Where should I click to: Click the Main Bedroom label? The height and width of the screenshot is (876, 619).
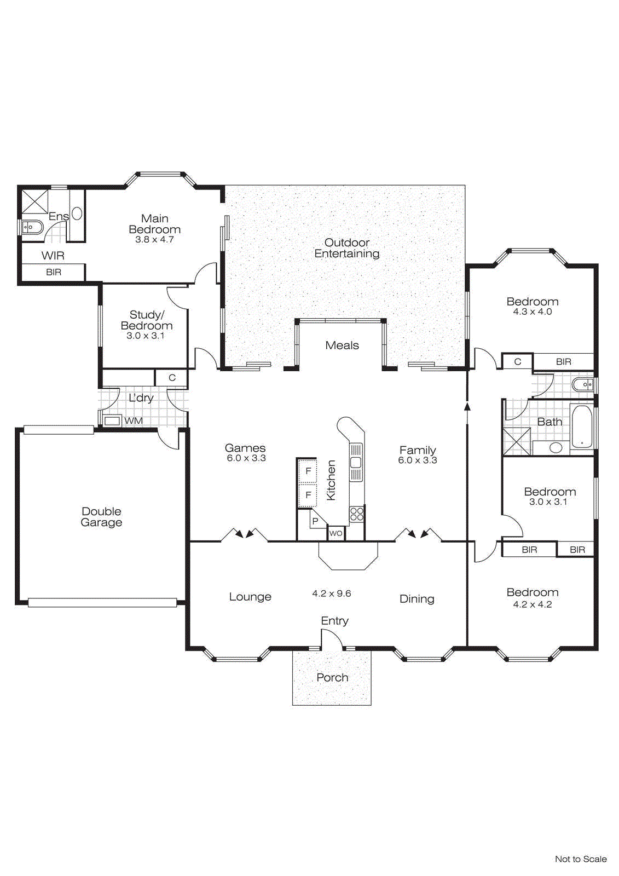pyautogui.click(x=154, y=224)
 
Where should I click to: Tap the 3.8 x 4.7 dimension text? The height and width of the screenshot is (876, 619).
pyautogui.click(x=154, y=239)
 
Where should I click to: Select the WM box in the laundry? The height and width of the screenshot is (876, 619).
pyautogui.click(x=113, y=421)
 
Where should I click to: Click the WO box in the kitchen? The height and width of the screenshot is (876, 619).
pyautogui.click(x=336, y=533)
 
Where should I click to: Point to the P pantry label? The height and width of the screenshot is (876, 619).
pyautogui.click(x=315, y=521)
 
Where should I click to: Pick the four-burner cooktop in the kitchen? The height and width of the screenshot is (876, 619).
pyautogui.click(x=357, y=514)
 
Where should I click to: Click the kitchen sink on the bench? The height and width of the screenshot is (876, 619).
pyautogui.click(x=356, y=463)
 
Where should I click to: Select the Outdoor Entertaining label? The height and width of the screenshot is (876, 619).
pyautogui.click(x=346, y=248)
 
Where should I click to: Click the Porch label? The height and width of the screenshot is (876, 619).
pyautogui.click(x=332, y=677)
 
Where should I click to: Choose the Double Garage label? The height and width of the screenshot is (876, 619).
pyautogui.click(x=101, y=517)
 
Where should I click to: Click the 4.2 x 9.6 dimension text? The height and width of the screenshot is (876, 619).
pyautogui.click(x=332, y=593)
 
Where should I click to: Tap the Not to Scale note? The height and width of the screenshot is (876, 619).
pyautogui.click(x=580, y=859)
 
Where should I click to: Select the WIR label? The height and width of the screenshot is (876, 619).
pyautogui.click(x=53, y=256)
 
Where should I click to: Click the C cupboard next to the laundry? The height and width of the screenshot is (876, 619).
pyautogui.click(x=172, y=378)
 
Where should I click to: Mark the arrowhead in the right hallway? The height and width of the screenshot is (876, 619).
pyautogui.click(x=467, y=406)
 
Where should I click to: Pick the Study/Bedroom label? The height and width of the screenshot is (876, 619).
pyautogui.click(x=147, y=320)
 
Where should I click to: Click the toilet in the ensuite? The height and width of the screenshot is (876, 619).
pyautogui.click(x=31, y=226)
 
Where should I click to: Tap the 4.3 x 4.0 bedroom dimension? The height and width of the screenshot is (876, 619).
pyautogui.click(x=532, y=312)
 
